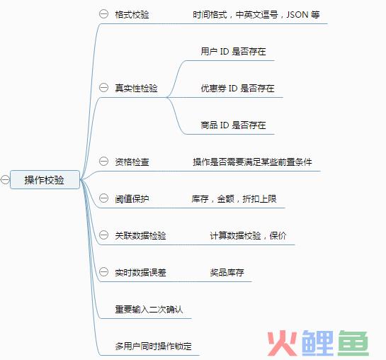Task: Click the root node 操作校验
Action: click(45, 180)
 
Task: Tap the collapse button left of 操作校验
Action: click(5, 180)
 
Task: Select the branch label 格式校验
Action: click(132, 15)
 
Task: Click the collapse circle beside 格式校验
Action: click(103, 13)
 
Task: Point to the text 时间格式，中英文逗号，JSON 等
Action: click(256, 15)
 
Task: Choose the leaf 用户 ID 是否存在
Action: click(234, 51)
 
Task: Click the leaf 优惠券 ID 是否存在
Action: click(237, 88)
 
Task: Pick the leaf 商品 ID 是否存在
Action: click(234, 125)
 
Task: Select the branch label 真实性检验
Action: click(136, 88)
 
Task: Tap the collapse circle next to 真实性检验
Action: click(103, 87)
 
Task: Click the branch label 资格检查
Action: click(132, 162)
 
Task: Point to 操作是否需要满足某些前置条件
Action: click(252, 162)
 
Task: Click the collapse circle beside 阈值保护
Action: click(103, 198)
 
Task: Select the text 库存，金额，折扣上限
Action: click(234, 198)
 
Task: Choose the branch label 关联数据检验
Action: click(140, 236)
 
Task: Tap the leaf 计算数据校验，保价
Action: click(248, 236)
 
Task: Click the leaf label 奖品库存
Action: click(227, 272)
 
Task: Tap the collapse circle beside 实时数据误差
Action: click(103, 272)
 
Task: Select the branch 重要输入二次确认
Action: click(149, 309)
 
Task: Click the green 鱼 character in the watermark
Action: click(353, 343)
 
